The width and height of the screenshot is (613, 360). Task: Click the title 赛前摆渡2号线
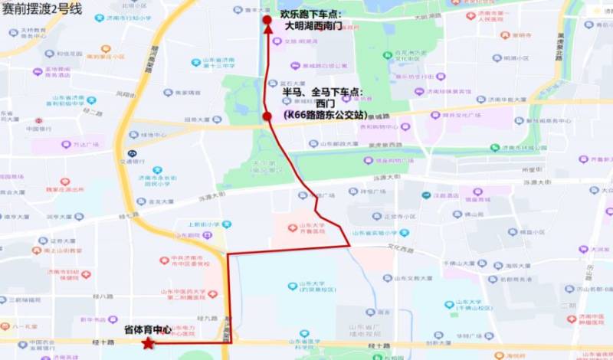(43, 8)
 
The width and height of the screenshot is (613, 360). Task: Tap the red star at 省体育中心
(147, 343)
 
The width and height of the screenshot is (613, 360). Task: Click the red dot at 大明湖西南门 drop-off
(267, 20)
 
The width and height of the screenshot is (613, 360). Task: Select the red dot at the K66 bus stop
(267, 116)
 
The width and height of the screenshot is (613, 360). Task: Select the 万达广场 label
(81, 145)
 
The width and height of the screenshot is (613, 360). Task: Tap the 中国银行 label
(38, 129)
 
